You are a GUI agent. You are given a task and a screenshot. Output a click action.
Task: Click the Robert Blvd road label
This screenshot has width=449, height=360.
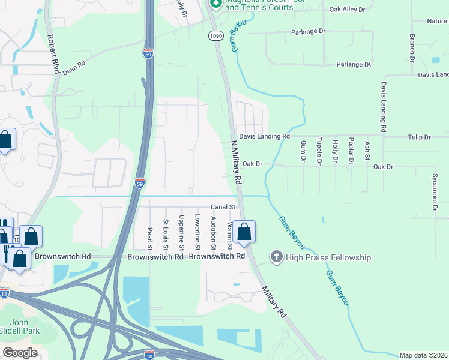53,54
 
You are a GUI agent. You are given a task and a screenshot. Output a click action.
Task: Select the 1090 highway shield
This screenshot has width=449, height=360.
216,37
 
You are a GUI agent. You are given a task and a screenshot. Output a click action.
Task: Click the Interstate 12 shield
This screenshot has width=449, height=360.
5,293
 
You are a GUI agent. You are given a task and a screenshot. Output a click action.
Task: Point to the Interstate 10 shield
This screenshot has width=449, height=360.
150,355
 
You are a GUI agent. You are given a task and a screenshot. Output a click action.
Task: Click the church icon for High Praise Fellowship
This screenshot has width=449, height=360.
277,257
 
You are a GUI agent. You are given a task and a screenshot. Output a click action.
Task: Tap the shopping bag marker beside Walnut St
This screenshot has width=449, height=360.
244,232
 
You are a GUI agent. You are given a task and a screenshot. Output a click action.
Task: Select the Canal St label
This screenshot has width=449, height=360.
222,207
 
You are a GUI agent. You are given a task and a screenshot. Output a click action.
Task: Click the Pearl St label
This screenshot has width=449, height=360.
150,238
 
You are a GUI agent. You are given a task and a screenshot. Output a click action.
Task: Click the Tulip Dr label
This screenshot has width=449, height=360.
420,137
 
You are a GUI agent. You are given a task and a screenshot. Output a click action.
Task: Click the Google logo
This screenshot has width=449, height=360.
20,352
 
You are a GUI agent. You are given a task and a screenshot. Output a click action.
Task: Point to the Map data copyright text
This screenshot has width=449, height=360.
423,355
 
